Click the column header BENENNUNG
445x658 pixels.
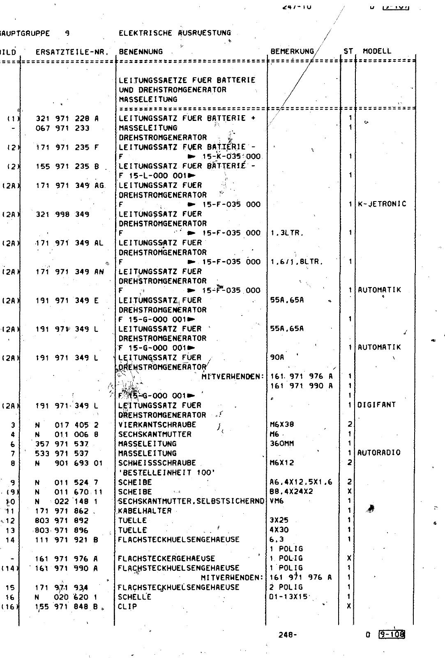(141, 52)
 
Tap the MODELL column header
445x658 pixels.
(377, 51)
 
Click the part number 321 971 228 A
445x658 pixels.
(67, 118)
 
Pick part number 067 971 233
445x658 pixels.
(62, 128)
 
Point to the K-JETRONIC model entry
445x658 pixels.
(382, 204)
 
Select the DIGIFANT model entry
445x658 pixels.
(376, 405)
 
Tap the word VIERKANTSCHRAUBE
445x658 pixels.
(157, 424)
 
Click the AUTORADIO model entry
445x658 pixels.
(379, 453)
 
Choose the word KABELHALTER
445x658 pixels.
(145, 511)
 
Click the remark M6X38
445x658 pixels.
(282, 424)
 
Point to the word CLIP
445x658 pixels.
(127, 607)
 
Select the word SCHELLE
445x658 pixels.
(135, 597)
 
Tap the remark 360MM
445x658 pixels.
(282, 443)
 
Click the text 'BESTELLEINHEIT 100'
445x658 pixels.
(166, 473)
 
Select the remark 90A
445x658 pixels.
(277, 357)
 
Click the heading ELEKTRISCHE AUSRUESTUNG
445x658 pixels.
(175, 33)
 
